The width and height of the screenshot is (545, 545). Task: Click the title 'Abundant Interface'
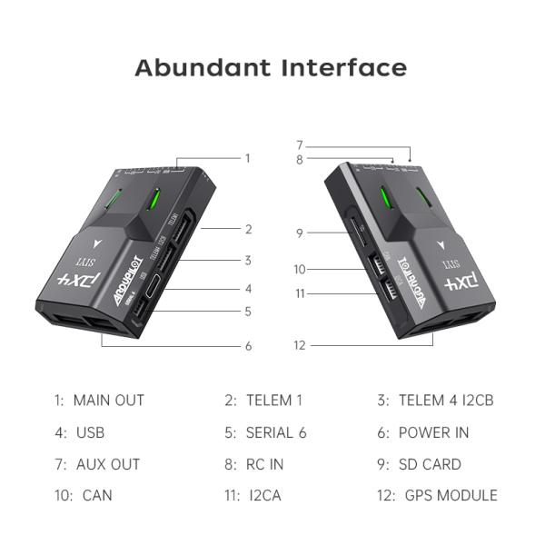271,67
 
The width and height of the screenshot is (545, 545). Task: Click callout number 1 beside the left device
247,158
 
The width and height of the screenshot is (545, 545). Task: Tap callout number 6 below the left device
247,346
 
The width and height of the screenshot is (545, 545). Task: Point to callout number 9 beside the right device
299,233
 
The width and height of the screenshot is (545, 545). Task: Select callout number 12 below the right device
300,345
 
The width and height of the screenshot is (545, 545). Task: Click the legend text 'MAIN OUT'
108,400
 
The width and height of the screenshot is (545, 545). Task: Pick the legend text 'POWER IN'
433,432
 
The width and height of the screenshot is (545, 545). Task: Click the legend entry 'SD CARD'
430,464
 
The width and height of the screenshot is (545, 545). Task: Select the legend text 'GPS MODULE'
448,495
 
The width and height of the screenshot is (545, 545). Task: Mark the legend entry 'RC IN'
264,464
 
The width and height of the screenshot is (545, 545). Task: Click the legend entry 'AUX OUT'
107,464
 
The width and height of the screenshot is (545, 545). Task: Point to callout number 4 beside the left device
247,289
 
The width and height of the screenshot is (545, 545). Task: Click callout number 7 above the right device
299,145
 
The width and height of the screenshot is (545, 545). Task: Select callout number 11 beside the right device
299,293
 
